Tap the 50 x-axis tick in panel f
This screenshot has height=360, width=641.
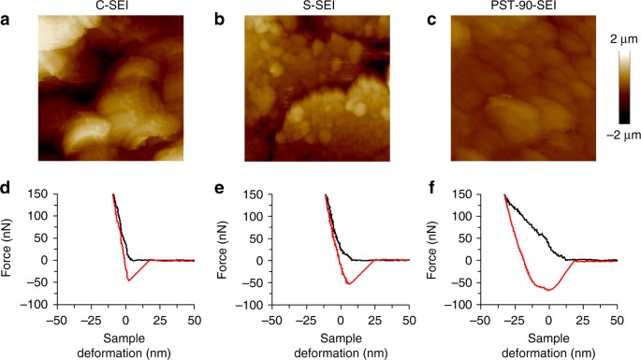(x=617, y=319)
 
